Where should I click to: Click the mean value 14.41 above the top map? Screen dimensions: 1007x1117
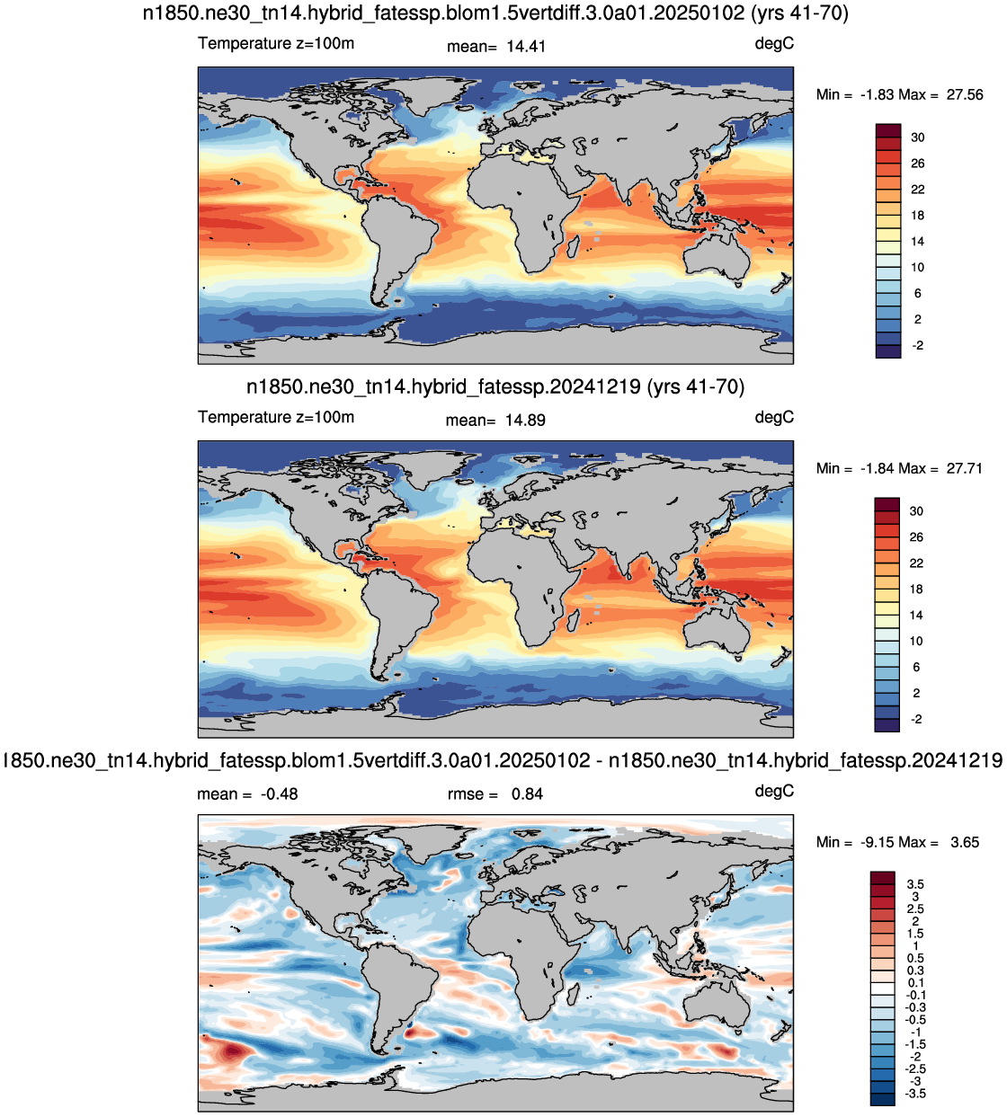(x=525, y=46)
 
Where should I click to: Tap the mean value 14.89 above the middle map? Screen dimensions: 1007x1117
(x=525, y=420)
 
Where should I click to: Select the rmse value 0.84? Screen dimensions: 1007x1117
(x=527, y=793)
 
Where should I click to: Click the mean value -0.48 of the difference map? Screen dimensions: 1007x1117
(x=280, y=793)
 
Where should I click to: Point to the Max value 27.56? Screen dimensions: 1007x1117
(x=965, y=94)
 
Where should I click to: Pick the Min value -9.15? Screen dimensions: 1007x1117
(x=879, y=842)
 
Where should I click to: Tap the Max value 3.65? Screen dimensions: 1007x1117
(x=965, y=842)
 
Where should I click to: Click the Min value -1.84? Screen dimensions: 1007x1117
(x=879, y=468)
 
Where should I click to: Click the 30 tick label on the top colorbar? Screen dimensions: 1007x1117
(x=917, y=137)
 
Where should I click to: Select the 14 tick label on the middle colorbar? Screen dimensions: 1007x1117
(x=917, y=616)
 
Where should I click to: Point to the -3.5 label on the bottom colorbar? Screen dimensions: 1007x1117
(x=915, y=1094)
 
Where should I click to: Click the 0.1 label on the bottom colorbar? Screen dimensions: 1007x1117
(x=915, y=983)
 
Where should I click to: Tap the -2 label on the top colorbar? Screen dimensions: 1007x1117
(x=917, y=345)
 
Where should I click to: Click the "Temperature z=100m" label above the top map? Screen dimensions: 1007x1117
(x=276, y=43)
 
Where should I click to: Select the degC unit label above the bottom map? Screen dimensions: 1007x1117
(x=774, y=791)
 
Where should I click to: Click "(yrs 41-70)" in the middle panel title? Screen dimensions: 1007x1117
(x=696, y=386)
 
